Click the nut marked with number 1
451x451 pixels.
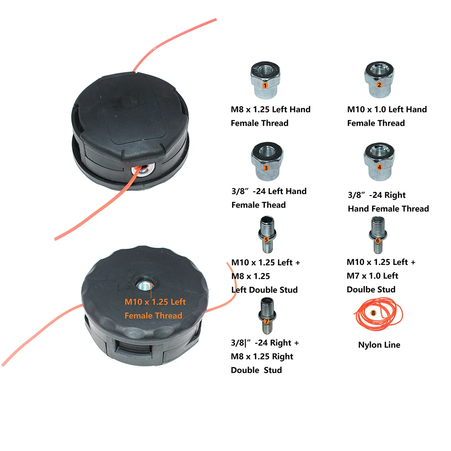(x=265, y=82)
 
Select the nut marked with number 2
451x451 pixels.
(x=379, y=82)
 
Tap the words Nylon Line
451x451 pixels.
(x=379, y=345)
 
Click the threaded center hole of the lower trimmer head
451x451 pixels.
(x=145, y=285)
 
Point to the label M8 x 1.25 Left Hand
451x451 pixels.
(x=270, y=109)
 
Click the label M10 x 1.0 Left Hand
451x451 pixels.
(x=387, y=109)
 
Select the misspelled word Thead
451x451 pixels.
(x=274, y=205)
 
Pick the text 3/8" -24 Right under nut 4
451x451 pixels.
(x=376, y=195)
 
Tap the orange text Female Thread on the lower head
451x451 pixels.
(x=153, y=315)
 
